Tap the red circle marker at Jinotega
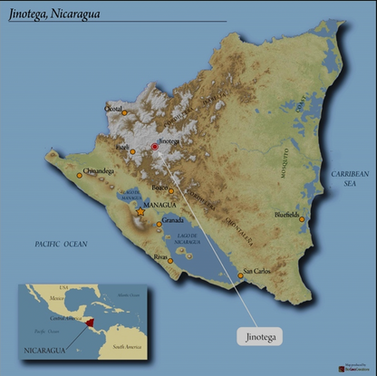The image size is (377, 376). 154,146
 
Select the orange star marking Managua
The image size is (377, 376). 140,211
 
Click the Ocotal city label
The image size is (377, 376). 114,109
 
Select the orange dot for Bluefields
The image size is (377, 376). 302,219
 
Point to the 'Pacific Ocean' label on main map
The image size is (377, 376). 60,245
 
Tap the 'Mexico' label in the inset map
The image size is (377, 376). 57,297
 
